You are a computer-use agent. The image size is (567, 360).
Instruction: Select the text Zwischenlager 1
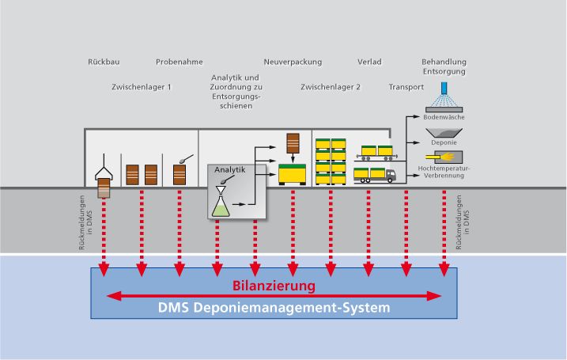click(x=142, y=87)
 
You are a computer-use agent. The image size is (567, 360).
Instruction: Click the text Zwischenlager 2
click(x=331, y=87)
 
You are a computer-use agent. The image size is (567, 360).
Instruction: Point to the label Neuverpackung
click(x=292, y=61)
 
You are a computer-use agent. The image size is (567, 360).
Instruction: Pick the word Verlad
click(x=368, y=61)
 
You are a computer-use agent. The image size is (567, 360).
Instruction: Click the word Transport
click(x=406, y=87)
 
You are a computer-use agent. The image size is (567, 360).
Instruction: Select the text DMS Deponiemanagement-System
click(x=274, y=307)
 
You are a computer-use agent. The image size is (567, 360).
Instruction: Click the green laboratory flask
click(x=221, y=203)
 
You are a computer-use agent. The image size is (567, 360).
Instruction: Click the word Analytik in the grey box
click(x=230, y=170)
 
